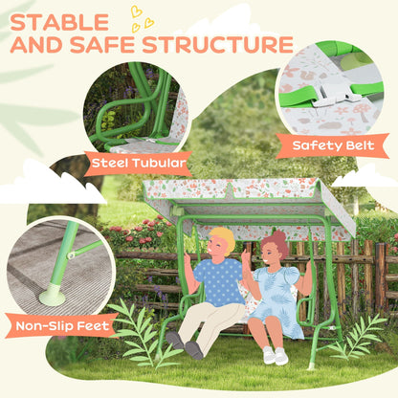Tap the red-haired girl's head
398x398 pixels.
276,246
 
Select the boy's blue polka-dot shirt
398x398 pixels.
221,281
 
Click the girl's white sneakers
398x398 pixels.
275,355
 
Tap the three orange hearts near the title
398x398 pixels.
142,17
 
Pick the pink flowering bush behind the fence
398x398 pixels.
144,232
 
